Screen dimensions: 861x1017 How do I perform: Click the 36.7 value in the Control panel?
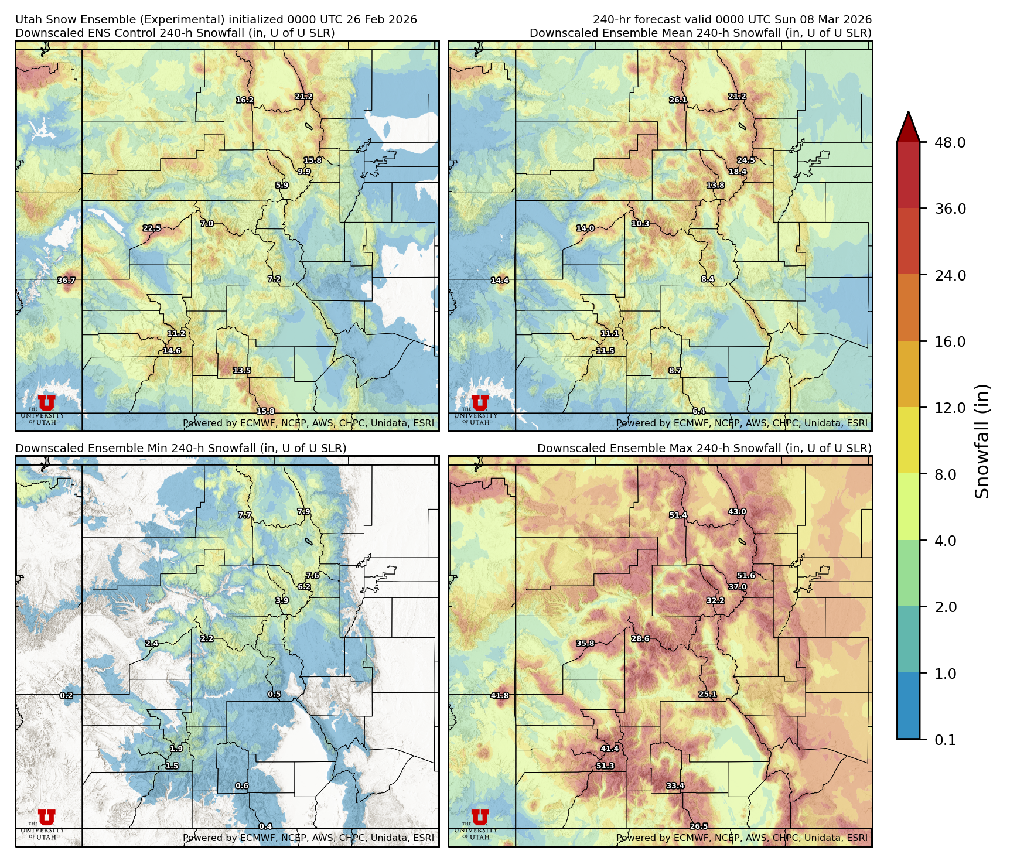point(66,281)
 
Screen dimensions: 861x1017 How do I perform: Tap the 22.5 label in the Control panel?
point(152,228)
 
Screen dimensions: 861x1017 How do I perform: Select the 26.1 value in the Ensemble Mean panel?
point(678,100)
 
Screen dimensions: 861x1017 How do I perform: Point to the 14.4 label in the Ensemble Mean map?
point(500,281)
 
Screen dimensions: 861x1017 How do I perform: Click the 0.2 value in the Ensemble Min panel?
point(66,696)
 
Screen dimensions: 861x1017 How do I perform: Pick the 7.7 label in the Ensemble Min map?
point(245,515)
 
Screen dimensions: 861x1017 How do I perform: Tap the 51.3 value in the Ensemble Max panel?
point(605,766)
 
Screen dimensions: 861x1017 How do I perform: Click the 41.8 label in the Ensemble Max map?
point(500,696)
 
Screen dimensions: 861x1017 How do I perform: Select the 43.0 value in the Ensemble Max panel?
point(737,512)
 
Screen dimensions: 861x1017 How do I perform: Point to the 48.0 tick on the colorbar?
point(950,142)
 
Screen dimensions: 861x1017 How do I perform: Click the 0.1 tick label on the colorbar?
point(945,740)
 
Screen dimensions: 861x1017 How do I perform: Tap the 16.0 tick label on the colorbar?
point(950,341)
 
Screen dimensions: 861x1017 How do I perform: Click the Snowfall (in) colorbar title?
point(982,440)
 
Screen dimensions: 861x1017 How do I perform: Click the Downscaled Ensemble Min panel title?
point(180,448)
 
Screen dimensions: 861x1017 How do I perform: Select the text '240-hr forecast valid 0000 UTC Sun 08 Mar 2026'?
point(732,19)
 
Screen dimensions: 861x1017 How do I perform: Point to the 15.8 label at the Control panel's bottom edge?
point(265,412)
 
